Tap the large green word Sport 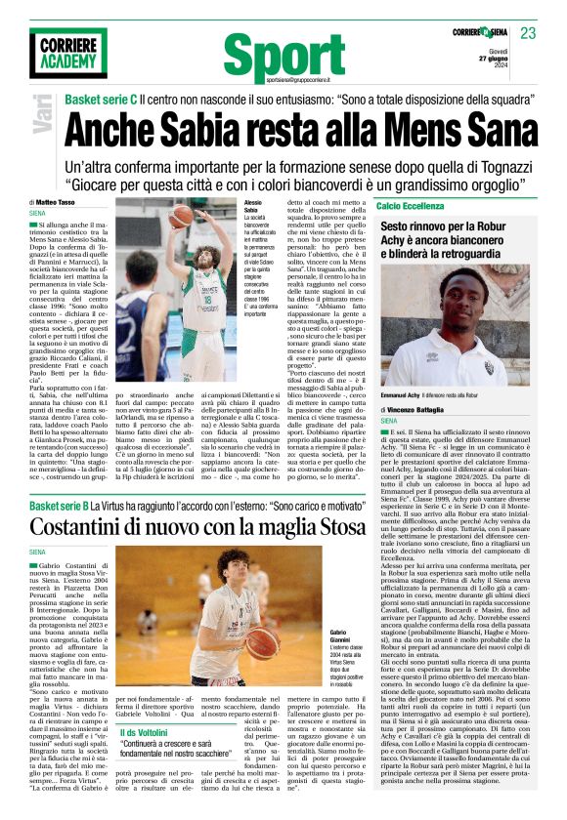tap(283, 53)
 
